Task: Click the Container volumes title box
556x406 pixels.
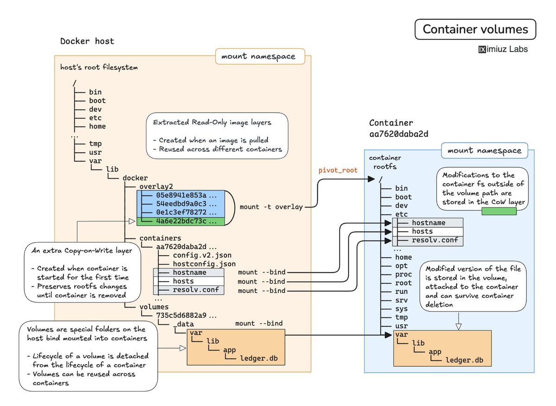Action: click(475, 30)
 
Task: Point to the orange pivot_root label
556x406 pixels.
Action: click(338, 170)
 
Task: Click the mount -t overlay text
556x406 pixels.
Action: click(271, 206)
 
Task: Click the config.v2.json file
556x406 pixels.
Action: click(202, 255)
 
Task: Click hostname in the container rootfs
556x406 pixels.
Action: click(428, 223)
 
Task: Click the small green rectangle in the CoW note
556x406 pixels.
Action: click(499, 212)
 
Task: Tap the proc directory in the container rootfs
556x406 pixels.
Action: click(403, 274)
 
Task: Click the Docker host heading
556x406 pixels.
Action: click(87, 41)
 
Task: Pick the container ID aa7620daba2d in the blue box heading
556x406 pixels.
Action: click(398, 134)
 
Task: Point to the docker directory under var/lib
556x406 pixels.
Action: click(135, 178)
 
